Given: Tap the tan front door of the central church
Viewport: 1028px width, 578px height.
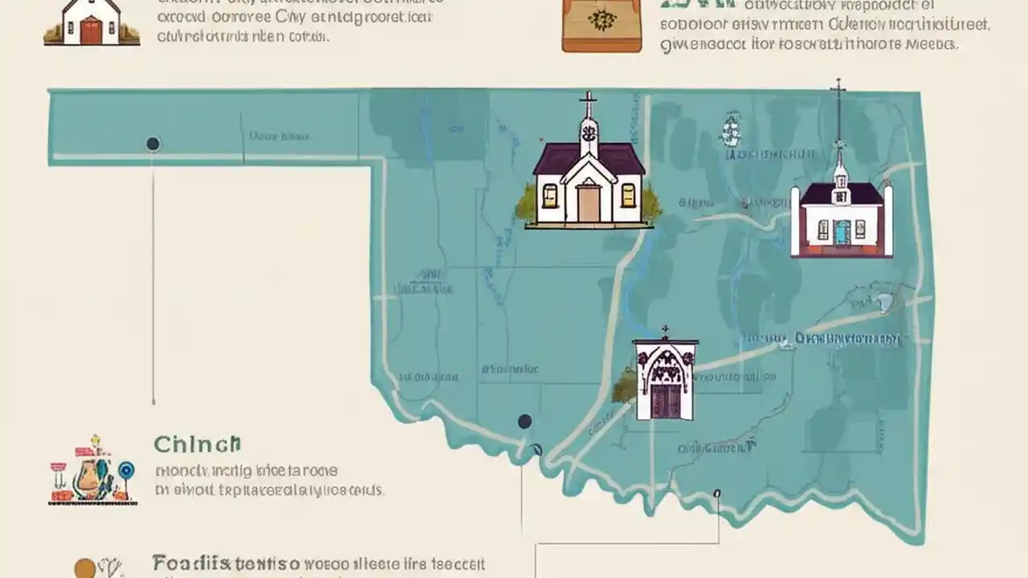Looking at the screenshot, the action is coord(589,202).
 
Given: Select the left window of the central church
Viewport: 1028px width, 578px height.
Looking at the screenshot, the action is coord(550,195).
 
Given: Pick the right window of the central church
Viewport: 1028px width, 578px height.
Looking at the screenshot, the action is coord(628,195).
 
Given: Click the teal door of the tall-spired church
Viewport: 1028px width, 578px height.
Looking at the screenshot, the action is coord(841,232).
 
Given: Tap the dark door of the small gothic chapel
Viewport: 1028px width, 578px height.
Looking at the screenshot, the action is coord(664,401).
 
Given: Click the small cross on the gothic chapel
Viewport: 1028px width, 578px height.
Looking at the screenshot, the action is coord(664,331).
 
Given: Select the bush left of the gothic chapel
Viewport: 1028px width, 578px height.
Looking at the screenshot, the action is coord(624,388).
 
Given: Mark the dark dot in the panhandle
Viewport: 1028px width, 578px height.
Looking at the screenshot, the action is coord(153,144).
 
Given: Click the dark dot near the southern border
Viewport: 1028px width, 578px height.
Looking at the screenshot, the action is coord(524,421).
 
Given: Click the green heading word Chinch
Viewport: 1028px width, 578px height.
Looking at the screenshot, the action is coord(197,444).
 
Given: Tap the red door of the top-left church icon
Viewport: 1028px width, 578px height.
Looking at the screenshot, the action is coord(92,31).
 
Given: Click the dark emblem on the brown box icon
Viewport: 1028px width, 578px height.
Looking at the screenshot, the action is coord(602,21).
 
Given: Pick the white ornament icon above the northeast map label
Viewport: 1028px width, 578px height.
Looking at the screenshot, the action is coord(730,128).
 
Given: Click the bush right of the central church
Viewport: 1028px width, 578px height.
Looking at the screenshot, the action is coord(651,206).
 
